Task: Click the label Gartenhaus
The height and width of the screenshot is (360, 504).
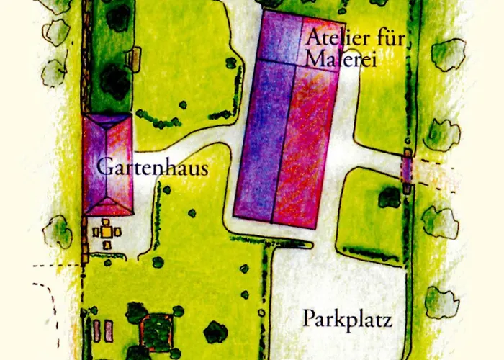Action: tap(152, 170)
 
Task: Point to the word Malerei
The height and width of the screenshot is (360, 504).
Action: tap(341, 59)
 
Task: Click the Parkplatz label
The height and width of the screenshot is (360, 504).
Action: tap(347, 319)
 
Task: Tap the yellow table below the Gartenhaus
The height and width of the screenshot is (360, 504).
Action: tap(107, 231)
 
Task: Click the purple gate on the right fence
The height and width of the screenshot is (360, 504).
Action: tap(407, 171)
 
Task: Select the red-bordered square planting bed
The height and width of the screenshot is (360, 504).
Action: tap(156, 331)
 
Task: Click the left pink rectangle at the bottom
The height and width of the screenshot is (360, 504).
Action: tap(96, 331)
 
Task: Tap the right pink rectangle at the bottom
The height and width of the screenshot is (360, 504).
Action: tap(109, 331)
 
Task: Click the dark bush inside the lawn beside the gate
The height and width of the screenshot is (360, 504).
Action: tap(389, 197)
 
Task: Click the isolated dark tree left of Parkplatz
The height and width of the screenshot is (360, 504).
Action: tap(215, 331)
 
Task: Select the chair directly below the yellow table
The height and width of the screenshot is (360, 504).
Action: tap(107, 246)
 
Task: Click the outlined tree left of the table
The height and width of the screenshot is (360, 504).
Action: tap(57, 233)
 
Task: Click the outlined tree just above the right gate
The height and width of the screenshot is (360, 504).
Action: tap(441, 134)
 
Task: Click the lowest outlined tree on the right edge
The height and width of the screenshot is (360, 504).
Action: tap(441, 302)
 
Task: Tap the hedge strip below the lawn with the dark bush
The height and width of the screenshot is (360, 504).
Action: tap(370, 253)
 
